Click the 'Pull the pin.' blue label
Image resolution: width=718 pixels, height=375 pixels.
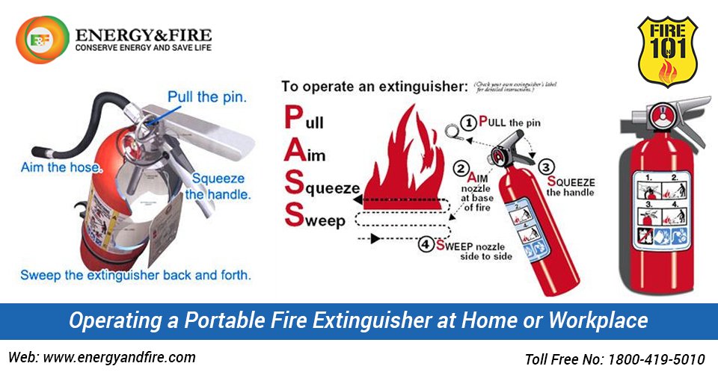pos(207,96)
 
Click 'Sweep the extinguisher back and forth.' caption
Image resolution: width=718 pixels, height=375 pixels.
pos(135,274)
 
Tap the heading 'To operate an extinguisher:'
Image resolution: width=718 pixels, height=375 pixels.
pos(374,86)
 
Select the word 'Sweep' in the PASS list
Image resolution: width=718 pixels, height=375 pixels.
pos(316,220)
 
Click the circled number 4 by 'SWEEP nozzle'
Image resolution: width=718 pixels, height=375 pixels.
pos(426,244)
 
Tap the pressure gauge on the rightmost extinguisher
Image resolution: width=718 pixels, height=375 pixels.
pos(663,116)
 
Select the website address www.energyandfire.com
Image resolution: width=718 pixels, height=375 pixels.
pos(120,357)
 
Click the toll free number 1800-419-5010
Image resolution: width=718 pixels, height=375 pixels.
pos(658,359)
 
